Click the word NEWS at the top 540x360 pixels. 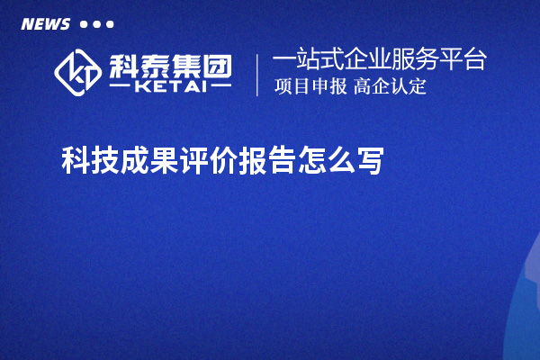pyautogui.click(x=45, y=24)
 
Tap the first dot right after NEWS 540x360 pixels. pyautogui.click(x=84, y=24)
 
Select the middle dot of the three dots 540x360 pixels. pyautogui.click(x=97, y=24)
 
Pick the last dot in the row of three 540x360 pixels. pyautogui.click(x=110, y=24)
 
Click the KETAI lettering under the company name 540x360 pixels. pyautogui.click(x=170, y=88)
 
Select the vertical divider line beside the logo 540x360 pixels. pyautogui.click(x=258, y=75)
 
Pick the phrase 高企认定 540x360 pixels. pyautogui.click(x=390, y=87)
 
